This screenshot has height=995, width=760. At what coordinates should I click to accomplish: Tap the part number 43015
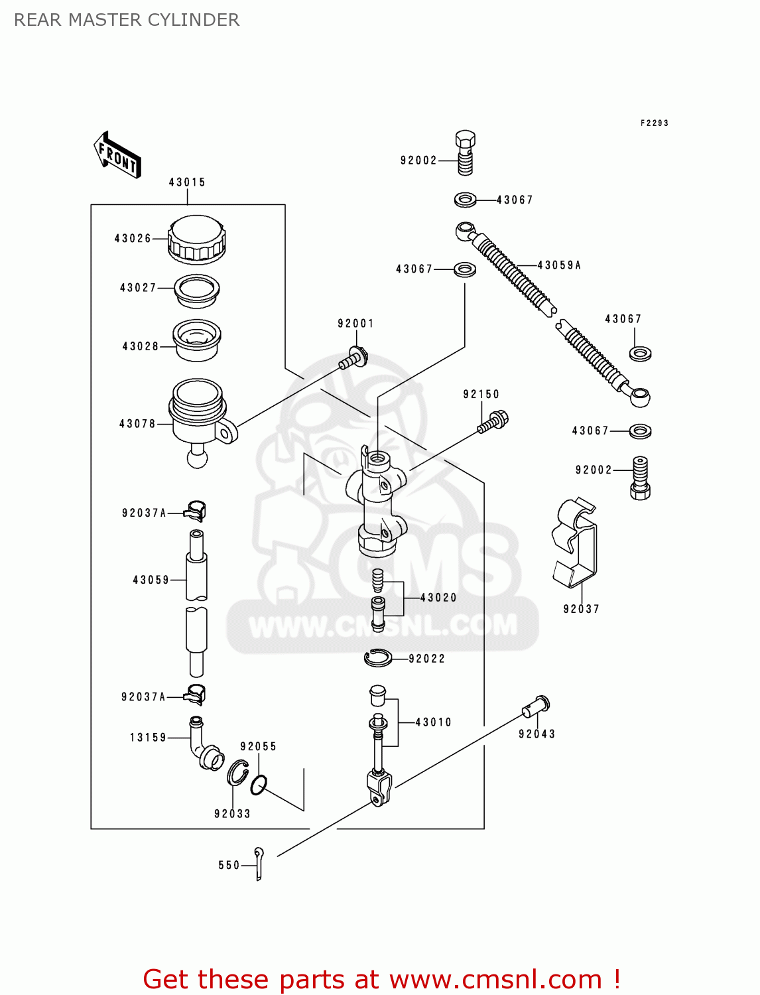coord(187,182)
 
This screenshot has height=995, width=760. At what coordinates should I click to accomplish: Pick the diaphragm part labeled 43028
coord(196,340)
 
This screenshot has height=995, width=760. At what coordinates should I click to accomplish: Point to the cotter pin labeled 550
coord(259,864)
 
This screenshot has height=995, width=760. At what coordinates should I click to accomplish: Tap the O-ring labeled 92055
coord(259,785)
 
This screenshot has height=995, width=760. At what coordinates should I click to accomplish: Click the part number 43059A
coord(559,265)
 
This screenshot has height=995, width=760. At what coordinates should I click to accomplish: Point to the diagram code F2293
coord(654,123)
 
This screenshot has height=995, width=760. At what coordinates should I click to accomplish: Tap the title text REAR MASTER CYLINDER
coord(127,20)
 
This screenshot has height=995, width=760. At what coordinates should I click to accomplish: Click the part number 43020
coord(438,598)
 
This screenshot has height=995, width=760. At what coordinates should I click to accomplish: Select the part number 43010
coord(433,722)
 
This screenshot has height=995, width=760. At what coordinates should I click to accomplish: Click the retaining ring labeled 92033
coord(237,773)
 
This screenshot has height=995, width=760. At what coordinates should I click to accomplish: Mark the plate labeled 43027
coord(196,291)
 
